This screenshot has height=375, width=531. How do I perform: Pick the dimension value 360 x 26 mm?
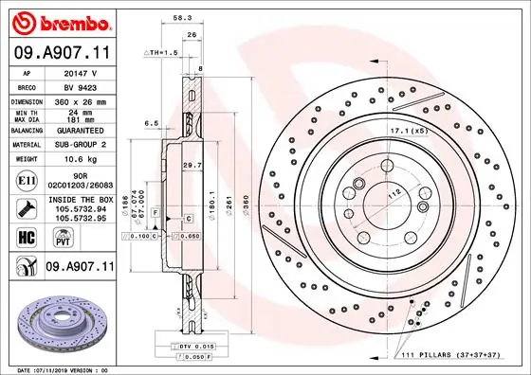79,100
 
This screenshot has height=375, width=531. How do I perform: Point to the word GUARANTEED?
79,130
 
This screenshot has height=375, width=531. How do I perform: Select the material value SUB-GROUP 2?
79,144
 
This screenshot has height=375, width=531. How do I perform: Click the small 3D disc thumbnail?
57,323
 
